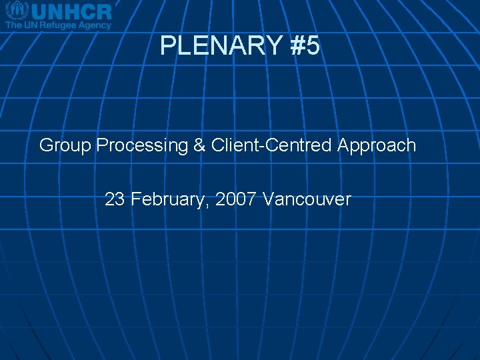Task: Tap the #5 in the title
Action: click(305, 46)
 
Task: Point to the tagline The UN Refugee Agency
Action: click(58, 25)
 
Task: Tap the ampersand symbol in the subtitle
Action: click(200, 145)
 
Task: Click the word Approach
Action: click(377, 145)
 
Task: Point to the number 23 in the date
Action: click(115, 199)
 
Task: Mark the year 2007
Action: click(236, 199)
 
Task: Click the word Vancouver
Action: click(307, 199)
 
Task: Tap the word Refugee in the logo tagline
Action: click(59, 25)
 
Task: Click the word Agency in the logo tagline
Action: click(94, 25)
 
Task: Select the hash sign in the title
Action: click(297, 46)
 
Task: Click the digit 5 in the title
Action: click(313, 46)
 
